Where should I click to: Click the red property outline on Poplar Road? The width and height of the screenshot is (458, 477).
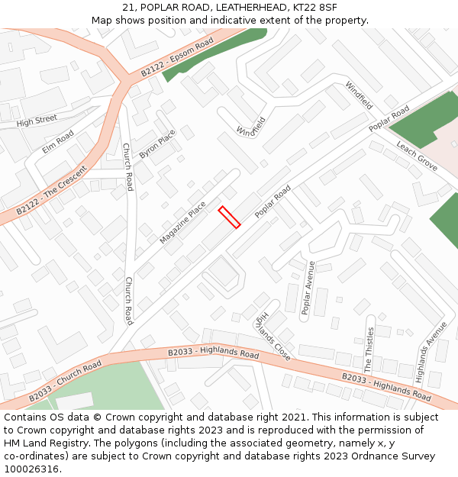pyautogui.click(x=230, y=217)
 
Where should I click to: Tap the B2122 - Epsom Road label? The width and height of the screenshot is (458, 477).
pyautogui.click(x=177, y=58)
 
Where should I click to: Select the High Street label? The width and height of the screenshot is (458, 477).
pyautogui.click(x=37, y=121)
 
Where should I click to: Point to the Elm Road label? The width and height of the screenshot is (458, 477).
pyautogui.click(x=58, y=142)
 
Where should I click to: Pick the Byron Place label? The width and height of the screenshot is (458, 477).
pyautogui.click(x=157, y=143)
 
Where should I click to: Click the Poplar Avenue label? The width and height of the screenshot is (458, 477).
pyautogui.click(x=308, y=288)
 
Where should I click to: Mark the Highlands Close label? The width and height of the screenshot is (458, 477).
pyautogui.click(x=273, y=335)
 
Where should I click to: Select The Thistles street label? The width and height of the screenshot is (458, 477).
pyautogui.click(x=370, y=350)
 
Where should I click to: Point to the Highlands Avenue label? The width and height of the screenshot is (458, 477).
pyautogui.click(x=432, y=350)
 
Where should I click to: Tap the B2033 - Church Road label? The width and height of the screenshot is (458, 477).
pyautogui.click(x=65, y=381)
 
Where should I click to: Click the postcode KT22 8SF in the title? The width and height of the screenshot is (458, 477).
pyautogui.click(x=316, y=8)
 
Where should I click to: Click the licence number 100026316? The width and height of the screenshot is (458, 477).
pyautogui.click(x=31, y=469)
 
